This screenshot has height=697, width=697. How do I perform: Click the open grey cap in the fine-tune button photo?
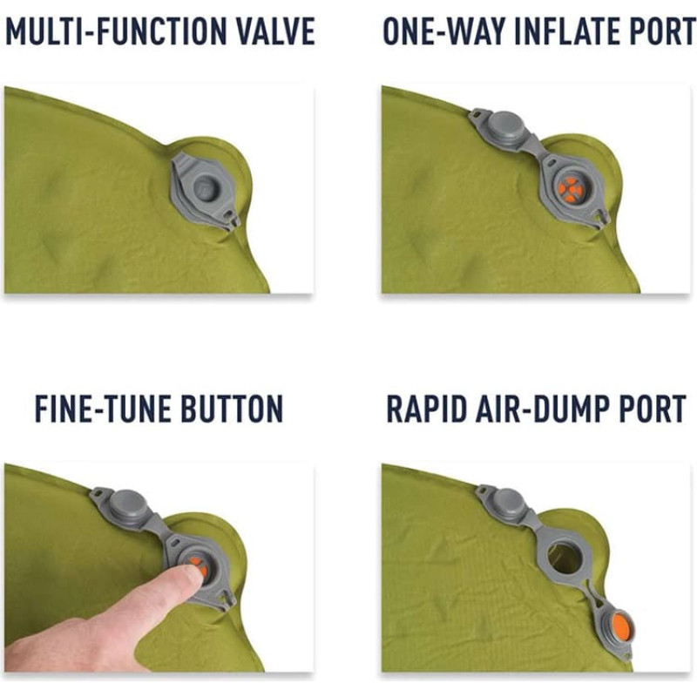(128, 507)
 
